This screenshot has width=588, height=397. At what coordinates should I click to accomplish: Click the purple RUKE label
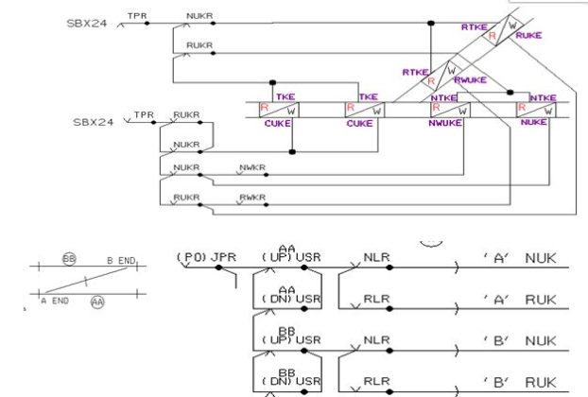(x=529, y=35)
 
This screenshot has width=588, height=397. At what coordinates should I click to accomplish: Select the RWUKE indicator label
(x=470, y=80)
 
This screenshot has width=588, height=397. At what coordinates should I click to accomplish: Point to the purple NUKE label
(x=534, y=123)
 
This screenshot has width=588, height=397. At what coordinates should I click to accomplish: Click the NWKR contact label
(x=252, y=167)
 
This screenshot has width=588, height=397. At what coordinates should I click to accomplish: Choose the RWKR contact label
(x=252, y=196)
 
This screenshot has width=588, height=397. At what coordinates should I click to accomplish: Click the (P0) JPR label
(x=206, y=256)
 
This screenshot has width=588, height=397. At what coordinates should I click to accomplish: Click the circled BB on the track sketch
(x=68, y=258)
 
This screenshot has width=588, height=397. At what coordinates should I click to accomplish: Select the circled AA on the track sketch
(x=97, y=302)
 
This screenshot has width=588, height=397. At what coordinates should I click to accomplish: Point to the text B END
(x=122, y=260)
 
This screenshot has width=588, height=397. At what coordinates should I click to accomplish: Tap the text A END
(x=54, y=300)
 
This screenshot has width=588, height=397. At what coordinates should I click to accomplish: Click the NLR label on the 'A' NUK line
(x=376, y=256)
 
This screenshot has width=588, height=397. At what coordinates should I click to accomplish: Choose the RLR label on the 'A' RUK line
(x=376, y=299)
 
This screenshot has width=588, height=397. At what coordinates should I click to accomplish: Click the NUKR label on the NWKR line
(x=186, y=167)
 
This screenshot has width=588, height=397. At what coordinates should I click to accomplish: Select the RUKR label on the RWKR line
(x=186, y=196)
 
